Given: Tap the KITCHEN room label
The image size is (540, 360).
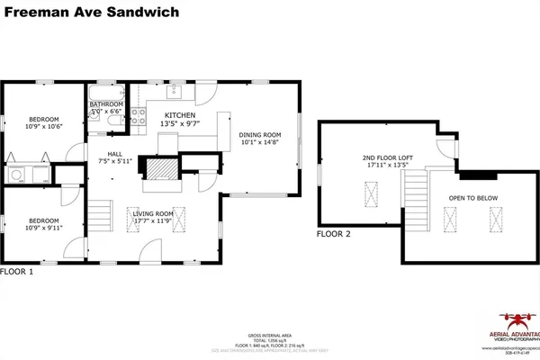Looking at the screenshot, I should tap(179, 115).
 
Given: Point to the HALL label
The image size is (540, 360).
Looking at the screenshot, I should tap(114, 154).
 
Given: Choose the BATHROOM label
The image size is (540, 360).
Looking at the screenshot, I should tap(105, 104).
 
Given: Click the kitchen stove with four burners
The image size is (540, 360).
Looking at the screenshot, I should tap(138, 115).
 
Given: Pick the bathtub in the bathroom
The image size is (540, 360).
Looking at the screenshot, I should tap(104, 92).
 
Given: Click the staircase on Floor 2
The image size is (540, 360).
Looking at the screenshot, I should tap(415, 194).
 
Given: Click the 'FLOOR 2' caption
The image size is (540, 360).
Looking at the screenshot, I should tap(334, 234).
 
